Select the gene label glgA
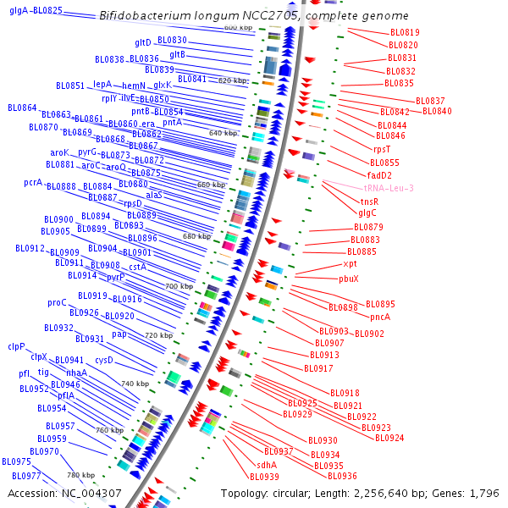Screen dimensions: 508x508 (19, 10)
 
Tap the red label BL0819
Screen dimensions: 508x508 (404, 32)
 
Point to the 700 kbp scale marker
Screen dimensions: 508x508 (179, 286)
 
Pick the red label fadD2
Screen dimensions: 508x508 (379, 175)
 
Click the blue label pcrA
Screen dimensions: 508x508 (33, 182)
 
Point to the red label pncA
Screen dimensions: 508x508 (380, 317)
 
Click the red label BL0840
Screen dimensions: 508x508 (437, 112)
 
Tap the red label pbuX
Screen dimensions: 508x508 (349, 279)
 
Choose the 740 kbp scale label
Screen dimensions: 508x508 (135, 384)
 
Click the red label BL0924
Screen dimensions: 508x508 (389, 438)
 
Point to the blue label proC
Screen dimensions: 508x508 (57, 302)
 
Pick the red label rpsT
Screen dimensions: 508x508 (383, 149)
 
